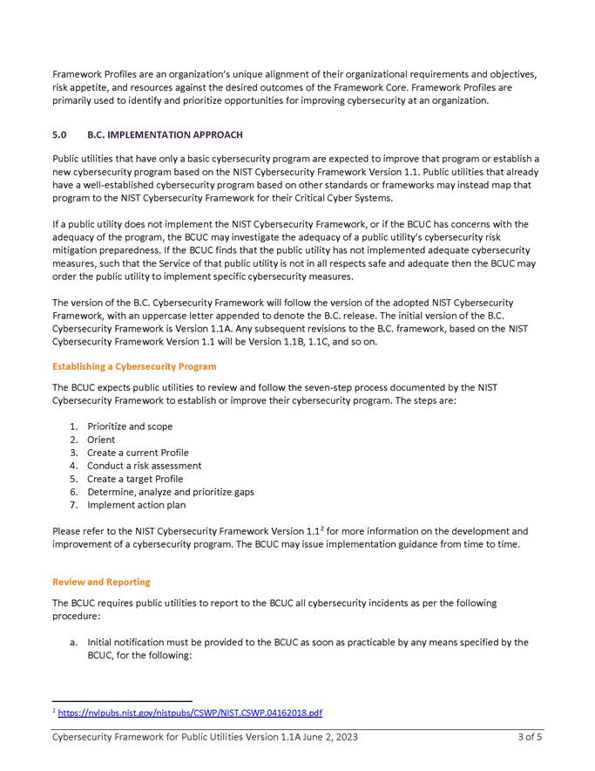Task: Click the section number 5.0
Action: click(59, 135)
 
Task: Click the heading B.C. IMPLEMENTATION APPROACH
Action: click(165, 135)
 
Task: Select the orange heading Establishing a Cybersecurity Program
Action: click(134, 366)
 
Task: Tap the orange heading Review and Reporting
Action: click(101, 582)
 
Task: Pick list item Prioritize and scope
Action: click(130, 426)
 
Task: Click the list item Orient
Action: click(101, 440)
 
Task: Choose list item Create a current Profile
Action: click(138, 453)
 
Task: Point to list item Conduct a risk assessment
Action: click(144, 466)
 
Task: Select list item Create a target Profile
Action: click(135, 479)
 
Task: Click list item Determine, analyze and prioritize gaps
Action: click(171, 492)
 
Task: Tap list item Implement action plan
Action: click(136, 505)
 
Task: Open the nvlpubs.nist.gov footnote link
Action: click(190, 713)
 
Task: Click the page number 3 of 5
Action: click(530, 737)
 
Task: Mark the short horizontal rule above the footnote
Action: click(122, 700)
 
